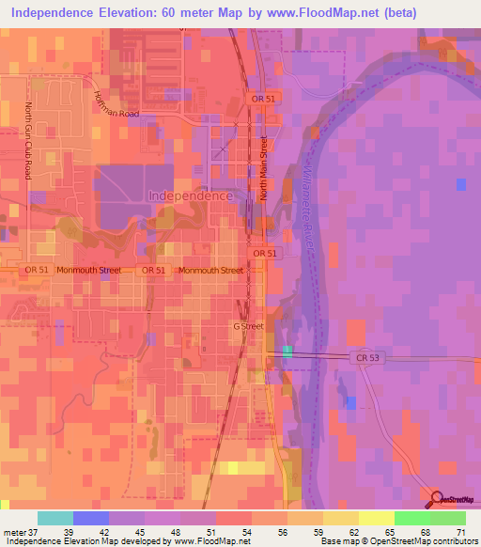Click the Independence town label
coord(191,196)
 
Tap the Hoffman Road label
coord(116,105)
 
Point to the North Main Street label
coord(265,168)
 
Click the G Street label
coord(249,326)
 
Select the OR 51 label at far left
coord(37,270)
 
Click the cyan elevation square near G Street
coord(287,352)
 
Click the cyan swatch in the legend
coord(55,518)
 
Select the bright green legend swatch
coord(411,518)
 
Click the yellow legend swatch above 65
coord(376,518)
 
